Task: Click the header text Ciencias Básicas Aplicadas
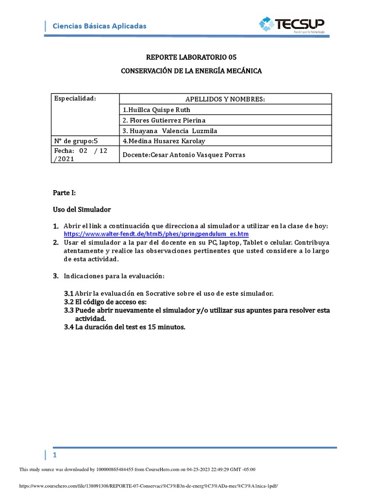[x=99, y=26]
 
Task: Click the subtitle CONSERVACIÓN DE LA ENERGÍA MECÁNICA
[x=191, y=71]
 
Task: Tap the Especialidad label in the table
[x=75, y=99]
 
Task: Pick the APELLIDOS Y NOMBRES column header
[x=225, y=99]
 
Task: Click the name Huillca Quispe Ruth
[x=157, y=110]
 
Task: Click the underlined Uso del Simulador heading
[x=81, y=210]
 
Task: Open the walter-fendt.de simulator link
[x=156, y=234]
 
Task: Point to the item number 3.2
[x=68, y=302]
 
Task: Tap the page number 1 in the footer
[x=55, y=455]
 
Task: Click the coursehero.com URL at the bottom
[x=148, y=486]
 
